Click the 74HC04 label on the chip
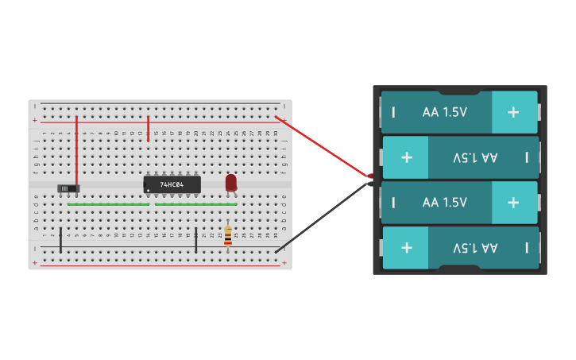coord(172,184)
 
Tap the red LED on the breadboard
coord(231,183)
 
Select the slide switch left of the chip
coord(69,188)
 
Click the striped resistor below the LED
coord(228,235)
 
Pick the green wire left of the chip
coord(108,204)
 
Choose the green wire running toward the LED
coord(195,204)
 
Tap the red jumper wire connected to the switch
coord(77,151)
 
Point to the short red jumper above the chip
coord(149,128)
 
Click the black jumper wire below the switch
coord(60,239)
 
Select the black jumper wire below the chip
coord(195,239)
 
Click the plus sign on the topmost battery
coord(513,112)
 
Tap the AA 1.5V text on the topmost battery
coord(445,112)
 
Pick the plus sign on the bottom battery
coord(407,248)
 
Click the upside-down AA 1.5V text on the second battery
coord(475,157)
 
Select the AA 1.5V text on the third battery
coord(445,203)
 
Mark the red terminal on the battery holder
coord(370,176)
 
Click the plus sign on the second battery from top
coord(407,157)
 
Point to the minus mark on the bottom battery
coord(527,248)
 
